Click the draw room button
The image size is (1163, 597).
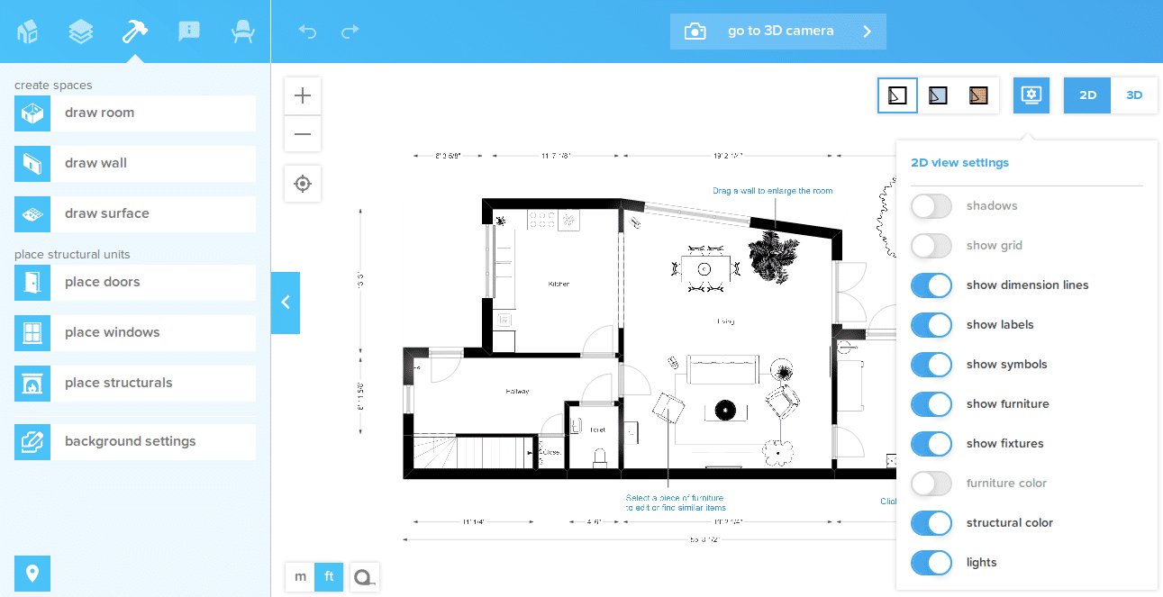pos(135,113)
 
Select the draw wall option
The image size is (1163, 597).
pos(135,164)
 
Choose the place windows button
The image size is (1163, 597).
pos(135,333)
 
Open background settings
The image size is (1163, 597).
pos(135,442)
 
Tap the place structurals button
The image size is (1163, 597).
pos(135,384)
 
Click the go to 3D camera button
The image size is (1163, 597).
pos(778,32)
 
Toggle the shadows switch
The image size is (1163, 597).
pos(931,206)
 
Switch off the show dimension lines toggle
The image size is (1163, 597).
pos(931,285)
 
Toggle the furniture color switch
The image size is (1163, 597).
pos(931,484)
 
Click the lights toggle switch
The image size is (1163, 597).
pos(931,563)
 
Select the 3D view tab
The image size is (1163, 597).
pos(1134,95)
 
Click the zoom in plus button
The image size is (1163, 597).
pos(303,95)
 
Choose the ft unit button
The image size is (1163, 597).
pos(329,576)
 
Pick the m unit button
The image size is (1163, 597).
pos(300,576)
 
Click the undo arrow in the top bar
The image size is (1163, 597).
pos(308,32)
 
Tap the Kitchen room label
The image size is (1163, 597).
pos(559,284)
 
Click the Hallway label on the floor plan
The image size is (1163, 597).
pos(517,391)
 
